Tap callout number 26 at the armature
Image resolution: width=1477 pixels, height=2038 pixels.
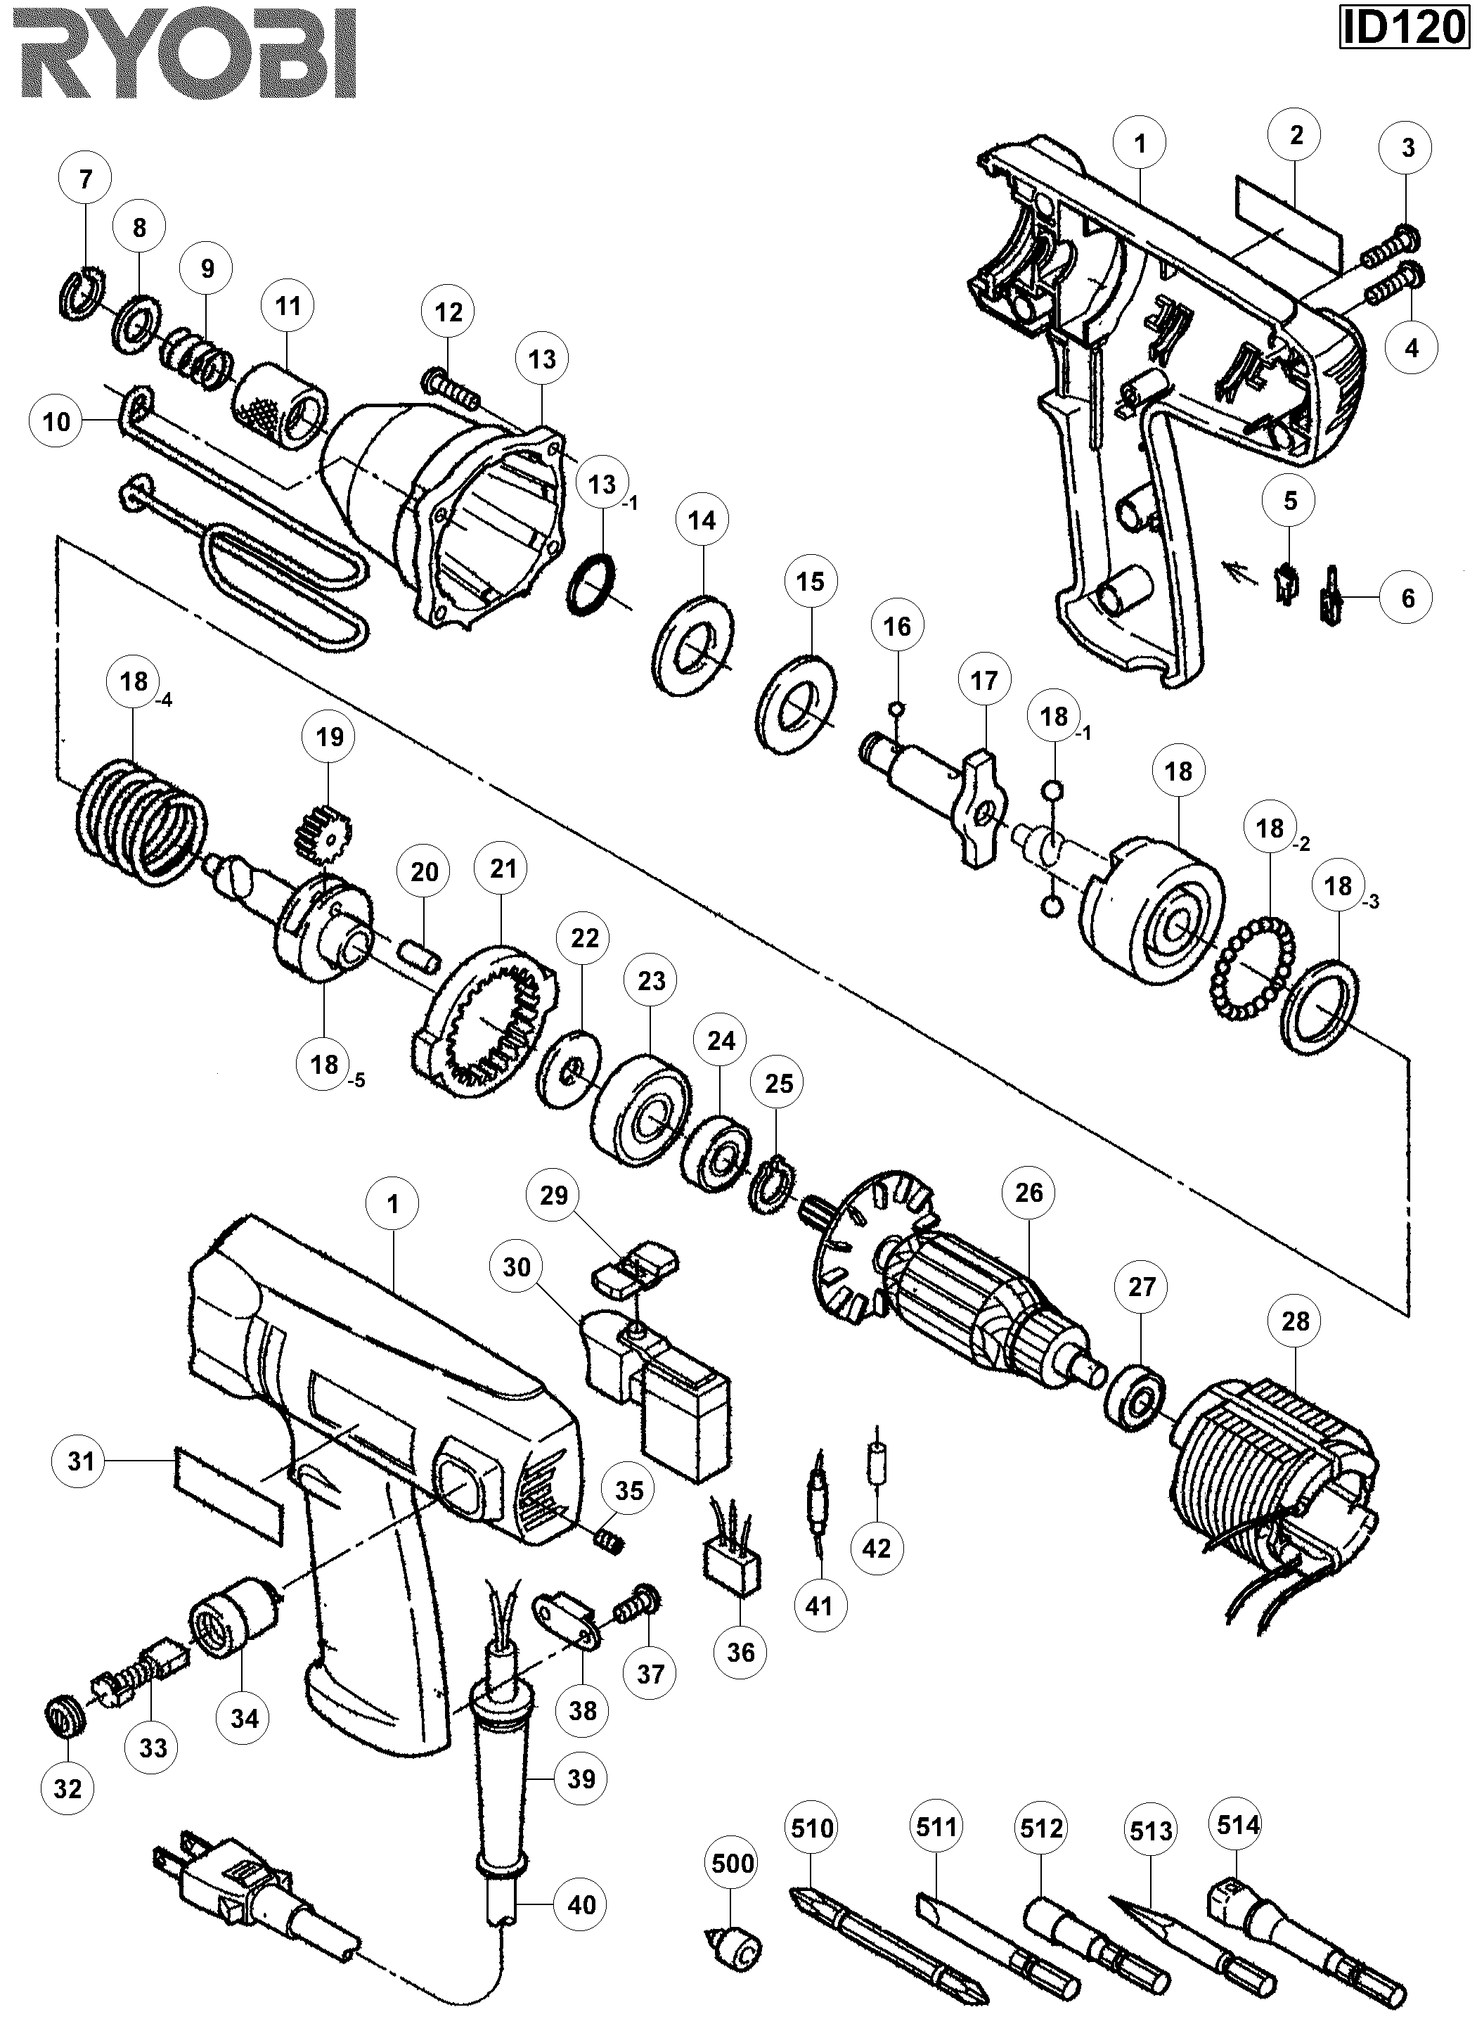(1028, 1193)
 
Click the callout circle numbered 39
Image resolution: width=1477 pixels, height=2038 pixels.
(581, 1779)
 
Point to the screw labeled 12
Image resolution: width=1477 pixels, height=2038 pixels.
(452, 387)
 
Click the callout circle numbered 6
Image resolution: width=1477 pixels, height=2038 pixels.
(1408, 598)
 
